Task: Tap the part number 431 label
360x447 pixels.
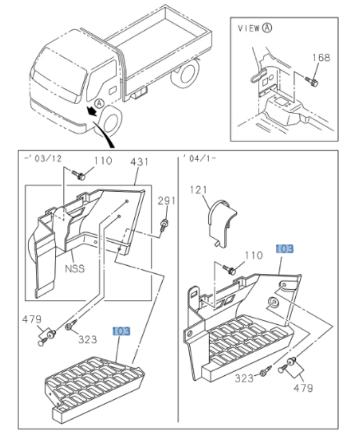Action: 139,162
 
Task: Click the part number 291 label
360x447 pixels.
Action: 167,201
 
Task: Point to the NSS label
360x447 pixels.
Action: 75,269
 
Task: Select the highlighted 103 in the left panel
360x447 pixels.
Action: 122,331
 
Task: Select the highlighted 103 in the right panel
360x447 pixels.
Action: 284,248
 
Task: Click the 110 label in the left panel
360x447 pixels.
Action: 102,161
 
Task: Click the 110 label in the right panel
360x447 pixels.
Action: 253,255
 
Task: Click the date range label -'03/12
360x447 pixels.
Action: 43,158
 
